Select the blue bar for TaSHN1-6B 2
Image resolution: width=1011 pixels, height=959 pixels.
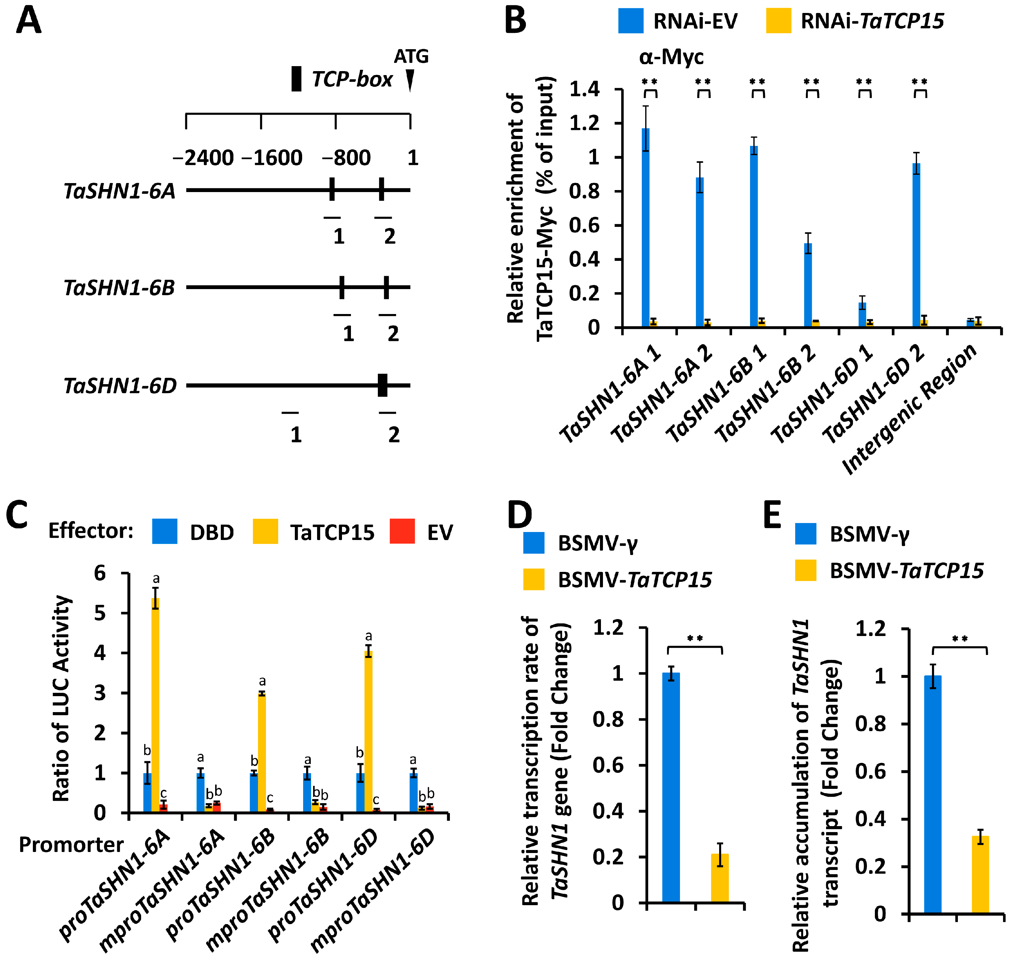[x=808, y=285]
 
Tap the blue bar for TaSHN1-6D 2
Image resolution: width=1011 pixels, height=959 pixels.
[x=916, y=245]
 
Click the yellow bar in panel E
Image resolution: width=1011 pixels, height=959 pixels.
[x=980, y=874]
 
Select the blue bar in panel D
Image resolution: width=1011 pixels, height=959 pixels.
[x=670, y=787]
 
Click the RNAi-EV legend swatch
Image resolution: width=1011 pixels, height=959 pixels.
[x=631, y=21]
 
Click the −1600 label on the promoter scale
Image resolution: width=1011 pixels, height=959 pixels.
[x=272, y=158]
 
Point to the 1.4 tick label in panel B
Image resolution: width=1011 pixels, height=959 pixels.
[x=584, y=89]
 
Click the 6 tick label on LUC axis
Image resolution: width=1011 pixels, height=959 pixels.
[x=100, y=573]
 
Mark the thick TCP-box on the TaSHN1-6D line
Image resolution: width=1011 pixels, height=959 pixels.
[x=382, y=385]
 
